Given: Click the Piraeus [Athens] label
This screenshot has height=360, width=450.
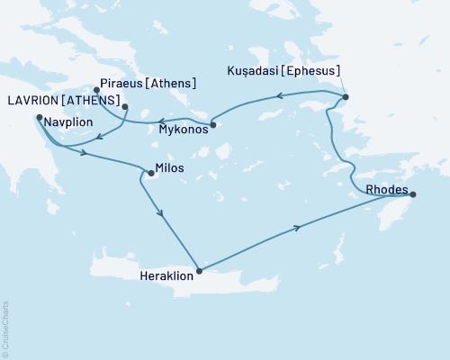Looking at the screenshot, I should point(149,84).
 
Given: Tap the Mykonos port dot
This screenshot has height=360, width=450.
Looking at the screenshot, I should point(213,124).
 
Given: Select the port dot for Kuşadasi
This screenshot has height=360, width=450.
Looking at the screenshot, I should point(346,97).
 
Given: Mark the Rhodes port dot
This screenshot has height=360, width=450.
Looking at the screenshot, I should point(412,193).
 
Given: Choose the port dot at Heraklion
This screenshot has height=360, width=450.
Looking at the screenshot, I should point(199,269).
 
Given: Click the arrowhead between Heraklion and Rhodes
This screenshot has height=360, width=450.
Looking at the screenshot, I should point(298,229).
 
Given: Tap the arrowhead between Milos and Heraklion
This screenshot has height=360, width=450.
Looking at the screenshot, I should point(161,214).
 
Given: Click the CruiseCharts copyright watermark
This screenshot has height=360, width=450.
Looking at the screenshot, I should point(5,324).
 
